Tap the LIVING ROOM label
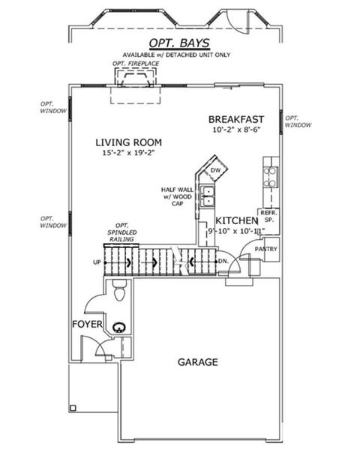pyautogui.click(x=129, y=142)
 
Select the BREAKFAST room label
pyautogui.click(x=237, y=119)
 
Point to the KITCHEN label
pyautogui.click(x=237, y=221)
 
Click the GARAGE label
pyautogui.click(x=197, y=362)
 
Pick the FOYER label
pyautogui.click(x=87, y=325)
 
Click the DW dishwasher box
pyautogui.click(x=215, y=171)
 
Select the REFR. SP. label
pyautogui.click(x=268, y=217)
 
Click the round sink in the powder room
pyautogui.click(x=118, y=327)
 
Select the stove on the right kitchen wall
pyautogui.click(x=269, y=176)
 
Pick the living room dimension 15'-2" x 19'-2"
pyautogui.click(x=129, y=154)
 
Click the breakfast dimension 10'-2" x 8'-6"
pyautogui.click(x=237, y=130)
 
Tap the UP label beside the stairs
pyautogui.click(x=95, y=262)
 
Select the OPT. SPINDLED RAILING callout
pyautogui.click(x=124, y=232)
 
